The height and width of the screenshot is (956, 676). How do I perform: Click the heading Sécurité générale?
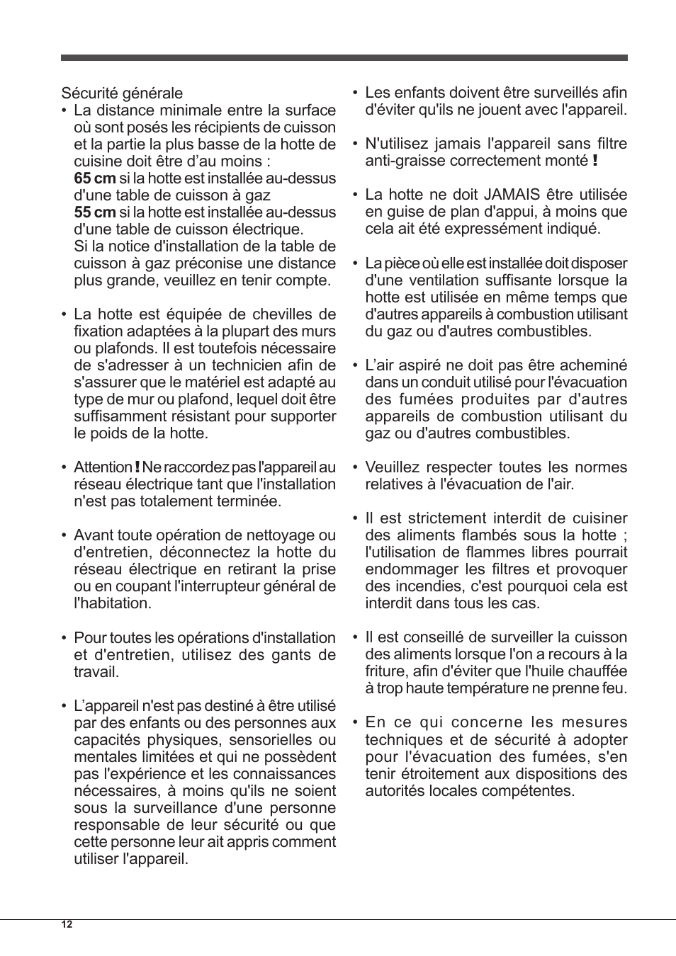click(x=122, y=93)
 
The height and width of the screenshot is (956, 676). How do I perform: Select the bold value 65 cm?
click(x=94, y=178)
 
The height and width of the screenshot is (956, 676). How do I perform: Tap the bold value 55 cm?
click(x=94, y=212)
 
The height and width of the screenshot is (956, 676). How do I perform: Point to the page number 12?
click(x=67, y=925)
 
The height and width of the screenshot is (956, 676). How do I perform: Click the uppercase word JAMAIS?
click(x=510, y=195)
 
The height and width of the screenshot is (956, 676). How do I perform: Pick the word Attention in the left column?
click(x=103, y=467)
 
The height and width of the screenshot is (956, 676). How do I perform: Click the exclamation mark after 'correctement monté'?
click(x=595, y=161)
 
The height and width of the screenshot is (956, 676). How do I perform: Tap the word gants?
click(x=259, y=655)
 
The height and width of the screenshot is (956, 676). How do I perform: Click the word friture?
click(x=385, y=671)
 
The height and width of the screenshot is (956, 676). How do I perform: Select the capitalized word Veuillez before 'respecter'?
click(x=395, y=467)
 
